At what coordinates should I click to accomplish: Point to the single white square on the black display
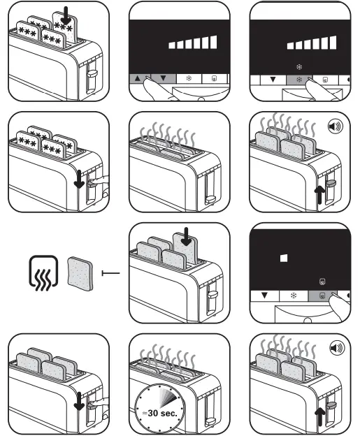(x=283, y=258)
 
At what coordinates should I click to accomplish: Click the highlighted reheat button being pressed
(x=322, y=296)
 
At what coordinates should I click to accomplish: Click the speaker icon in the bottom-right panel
(x=337, y=347)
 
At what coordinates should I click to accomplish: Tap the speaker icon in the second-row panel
(x=337, y=126)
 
